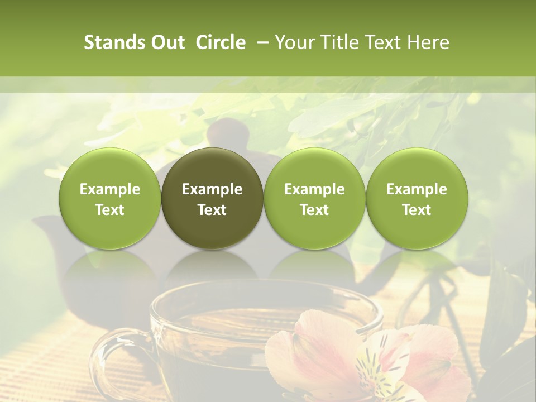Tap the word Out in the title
[166, 42]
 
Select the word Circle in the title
[221, 42]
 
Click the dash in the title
[261, 42]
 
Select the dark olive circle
[212, 198]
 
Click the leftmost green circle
[110, 198]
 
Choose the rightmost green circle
[417, 198]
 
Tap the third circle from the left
[314, 198]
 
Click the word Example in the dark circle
[212, 189]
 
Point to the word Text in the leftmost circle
[110, 210]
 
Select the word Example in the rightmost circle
[417, 189]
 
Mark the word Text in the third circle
[314, 210]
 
